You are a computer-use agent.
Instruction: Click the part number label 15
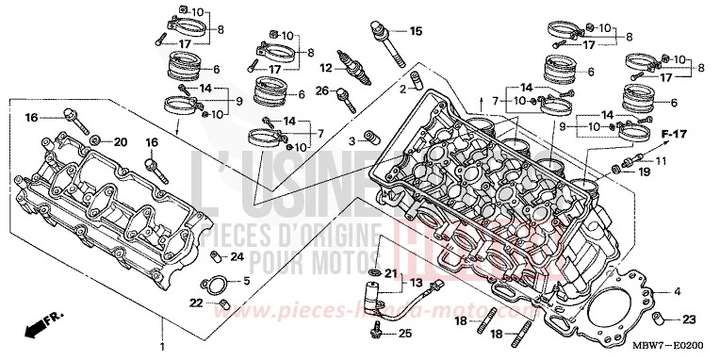click(416, 31)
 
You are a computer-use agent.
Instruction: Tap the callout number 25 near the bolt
click(404, 335)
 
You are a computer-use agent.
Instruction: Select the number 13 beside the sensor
click(416, 283)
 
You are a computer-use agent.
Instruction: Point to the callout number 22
click(195, 303)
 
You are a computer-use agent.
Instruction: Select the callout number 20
click(120, 141)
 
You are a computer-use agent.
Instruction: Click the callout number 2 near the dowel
click(401, 88)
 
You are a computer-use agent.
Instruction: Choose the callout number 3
click(352, 139)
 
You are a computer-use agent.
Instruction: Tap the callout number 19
click(645, 172)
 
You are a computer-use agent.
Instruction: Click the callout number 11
click(660, 161)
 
